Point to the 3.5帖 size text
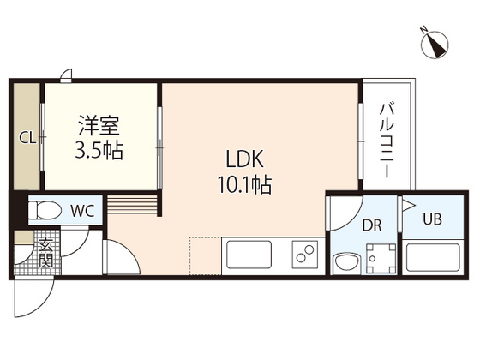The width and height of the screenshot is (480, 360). coord(99,153)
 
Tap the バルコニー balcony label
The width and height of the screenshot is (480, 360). coord(387,142)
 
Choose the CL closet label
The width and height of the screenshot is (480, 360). coord(27,137)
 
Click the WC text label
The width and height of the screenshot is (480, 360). coord(82,209)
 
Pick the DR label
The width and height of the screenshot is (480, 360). coord(371,225)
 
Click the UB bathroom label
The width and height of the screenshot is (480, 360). coord(432,219)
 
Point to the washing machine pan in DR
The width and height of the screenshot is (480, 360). coord(380,257)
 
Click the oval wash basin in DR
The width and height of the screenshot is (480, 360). coord(345,261)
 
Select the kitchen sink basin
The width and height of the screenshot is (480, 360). coord(247,255)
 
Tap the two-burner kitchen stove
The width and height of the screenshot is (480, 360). coord(303,255)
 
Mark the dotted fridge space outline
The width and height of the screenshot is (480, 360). coord(205,255)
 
